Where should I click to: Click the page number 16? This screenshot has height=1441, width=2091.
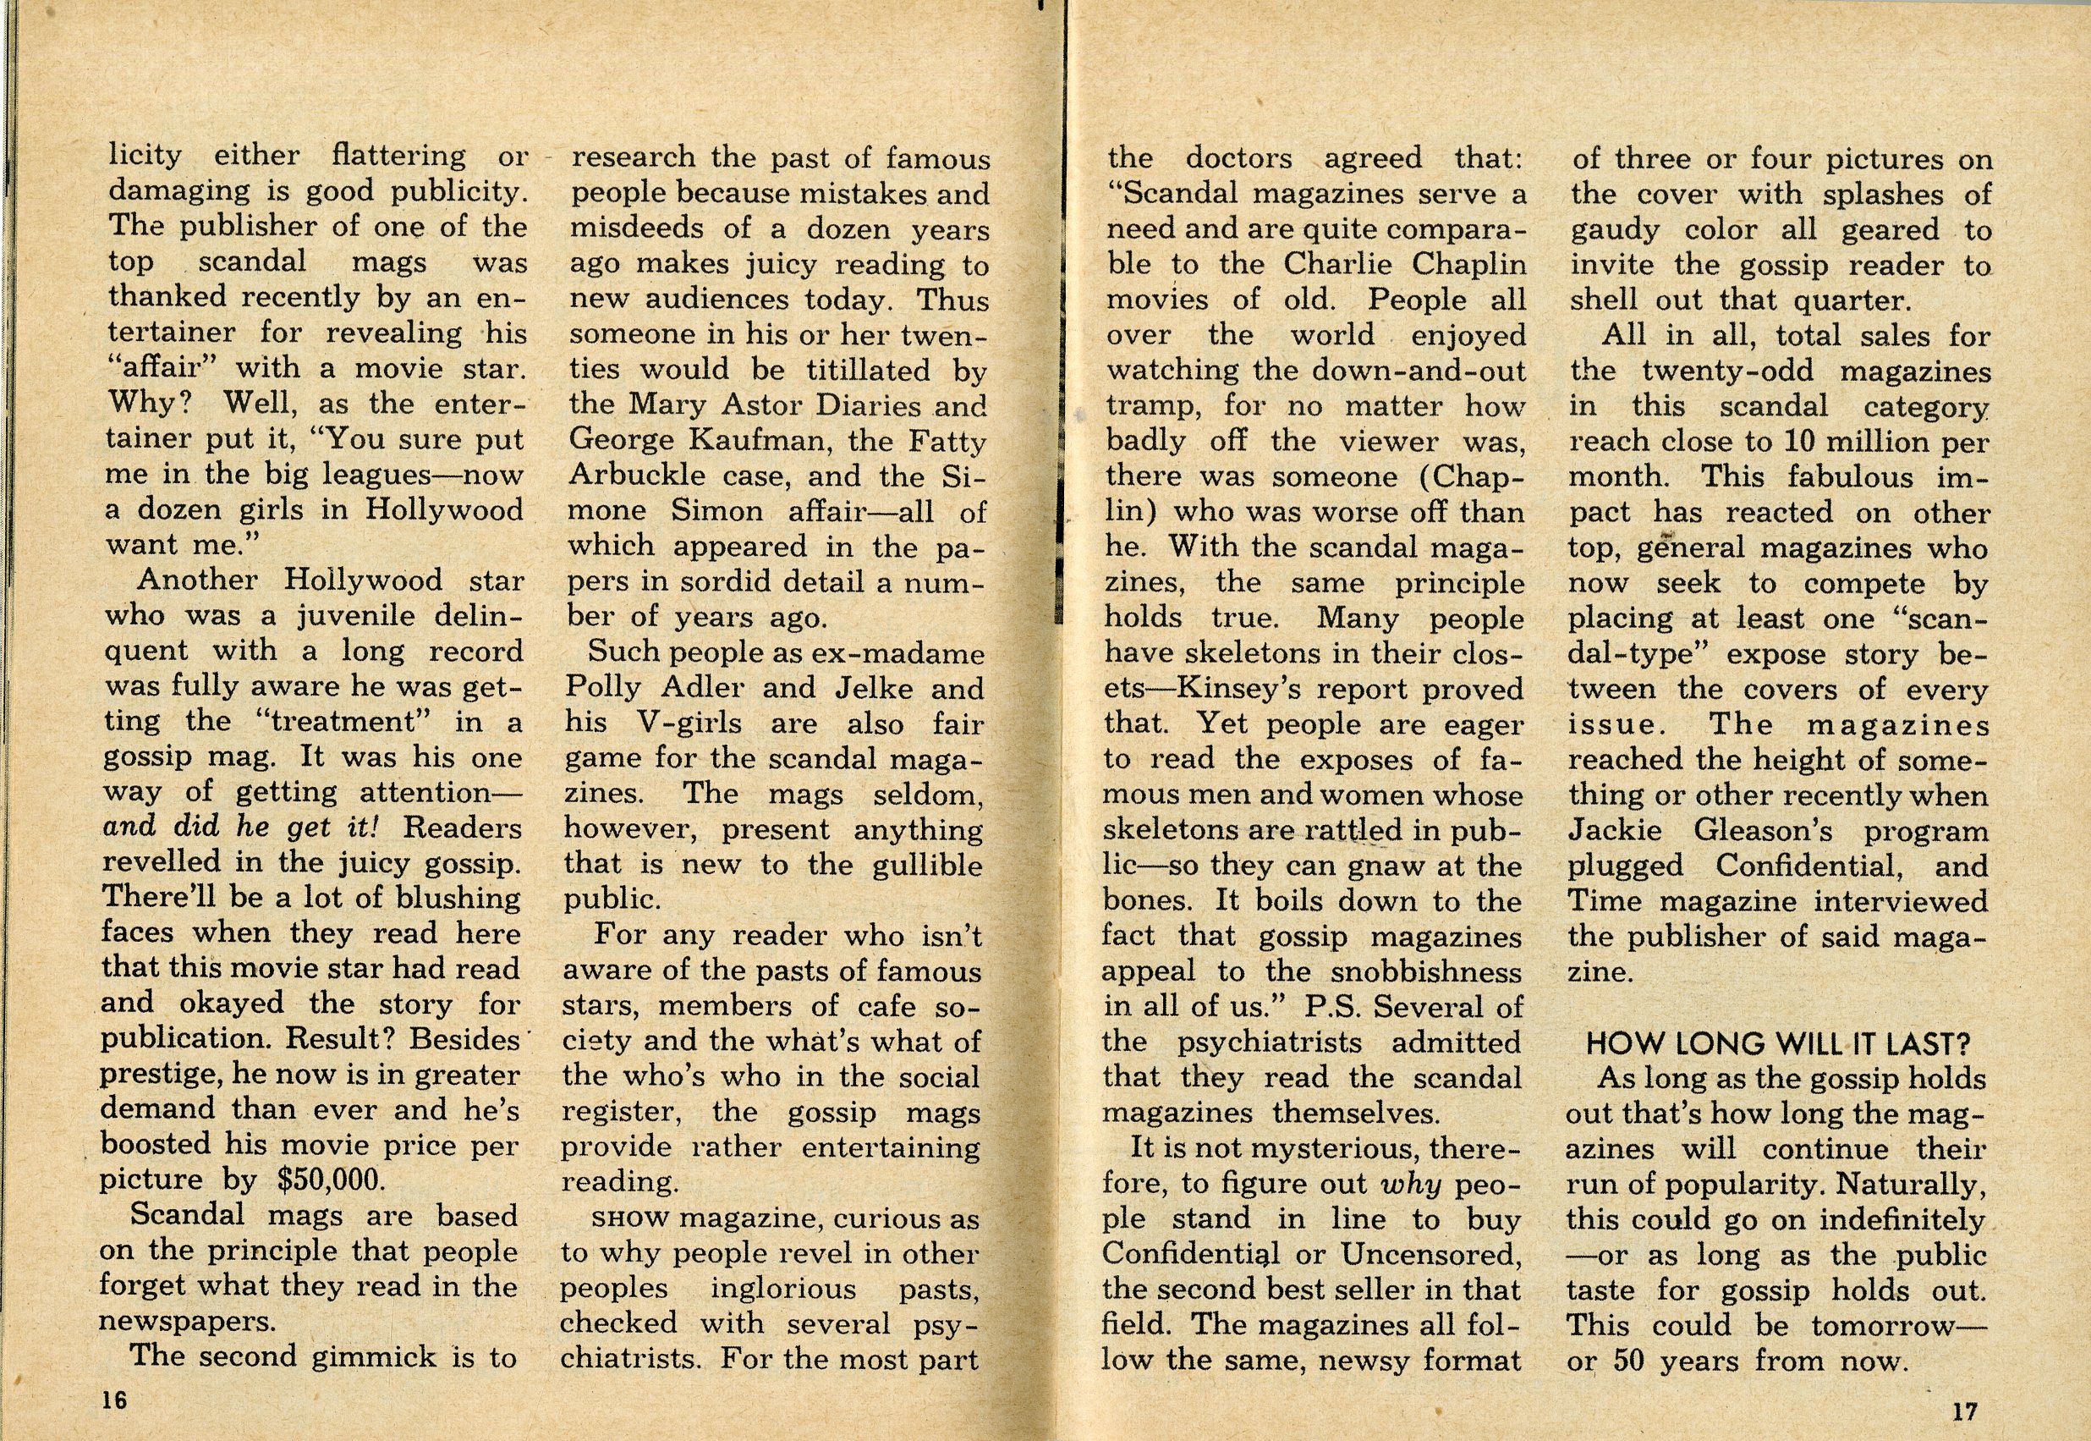[114, 1400]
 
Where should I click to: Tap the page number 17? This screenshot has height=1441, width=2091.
[1957, 1411]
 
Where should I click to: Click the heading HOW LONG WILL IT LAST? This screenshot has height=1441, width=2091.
[1778, 1044]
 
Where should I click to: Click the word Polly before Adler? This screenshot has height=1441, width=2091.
[604, 688]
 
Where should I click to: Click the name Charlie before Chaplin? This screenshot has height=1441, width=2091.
[1339, 265]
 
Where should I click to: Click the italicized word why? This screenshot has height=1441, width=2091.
[1412, 1184]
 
